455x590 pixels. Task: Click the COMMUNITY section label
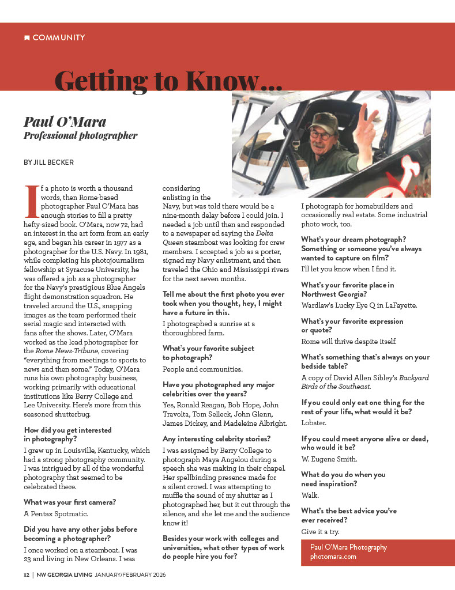point(59,38)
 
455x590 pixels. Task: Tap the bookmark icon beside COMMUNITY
point(27,38)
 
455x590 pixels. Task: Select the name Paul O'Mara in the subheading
point(65,122)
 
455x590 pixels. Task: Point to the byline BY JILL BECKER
point(49,162)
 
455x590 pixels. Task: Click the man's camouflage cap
point(322,120)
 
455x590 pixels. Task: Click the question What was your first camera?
point(70,502)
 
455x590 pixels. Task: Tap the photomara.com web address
point(333,557)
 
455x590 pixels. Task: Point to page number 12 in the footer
point(27,575)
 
